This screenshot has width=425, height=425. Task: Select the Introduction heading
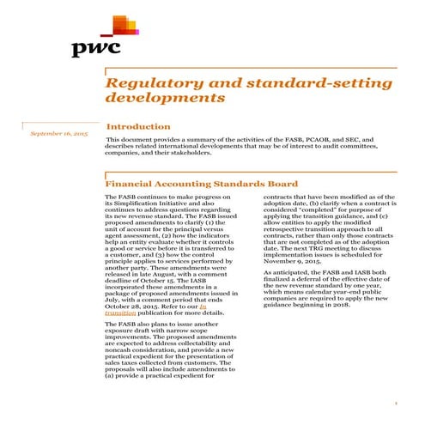(x=137, y=126)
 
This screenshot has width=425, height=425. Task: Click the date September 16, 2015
(x=58, y=134)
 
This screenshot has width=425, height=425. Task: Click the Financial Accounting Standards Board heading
(x=201, y=184)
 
